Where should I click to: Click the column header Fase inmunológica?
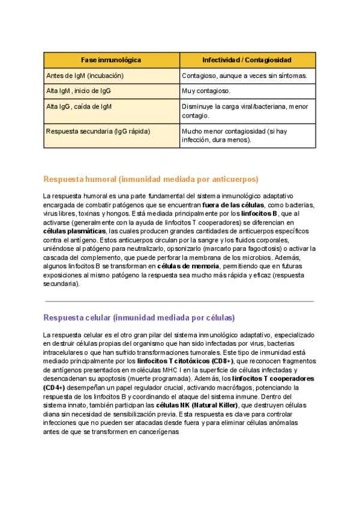[111, 61]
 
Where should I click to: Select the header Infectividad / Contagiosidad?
[247, 61]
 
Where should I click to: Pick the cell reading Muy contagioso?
[206, 91]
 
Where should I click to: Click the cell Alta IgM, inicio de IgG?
[79, 91]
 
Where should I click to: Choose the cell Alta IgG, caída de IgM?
[79, 106]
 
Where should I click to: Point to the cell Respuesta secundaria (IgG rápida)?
[98, 131]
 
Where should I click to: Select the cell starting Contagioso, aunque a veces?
[244, 76]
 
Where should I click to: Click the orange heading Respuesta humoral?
[151, 179]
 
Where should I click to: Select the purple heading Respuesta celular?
[139, 318]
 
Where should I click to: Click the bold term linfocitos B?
[259, 213]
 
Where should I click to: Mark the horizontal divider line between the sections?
[179, 301]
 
